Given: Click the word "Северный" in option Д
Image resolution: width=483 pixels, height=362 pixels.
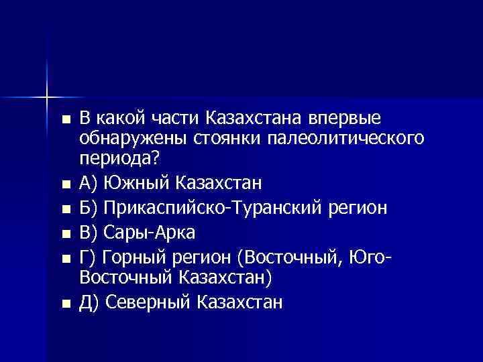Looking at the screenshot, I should (x=149, y=302).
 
